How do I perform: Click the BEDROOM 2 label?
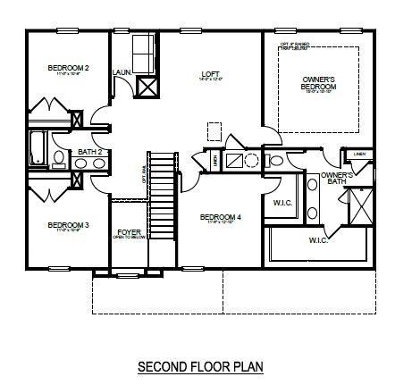pyautogui.click(x=69, y=68)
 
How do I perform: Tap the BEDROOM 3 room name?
pyautogui.click(x=68, y=225)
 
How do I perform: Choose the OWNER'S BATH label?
pyautogui.click(x=333, y=178)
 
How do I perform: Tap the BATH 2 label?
pyautogui.click(x=88, y=152)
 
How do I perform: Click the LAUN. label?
pyautogui.click(x=122, y=72)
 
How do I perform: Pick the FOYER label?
pyautogui.click(x=130, y=233)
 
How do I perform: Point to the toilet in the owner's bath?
pyautogui.click(x=276, y=162)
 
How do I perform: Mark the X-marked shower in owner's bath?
pyautogui.click(x=358, y=206)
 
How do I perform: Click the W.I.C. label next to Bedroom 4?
pyautogui.click(x=283, y=202)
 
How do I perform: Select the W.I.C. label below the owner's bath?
pyautogui.click(x=319, y=240)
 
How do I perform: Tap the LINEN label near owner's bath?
pyautogui.click(x=359, y=155)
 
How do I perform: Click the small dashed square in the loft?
pyautogui.click(x=214, y=131)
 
